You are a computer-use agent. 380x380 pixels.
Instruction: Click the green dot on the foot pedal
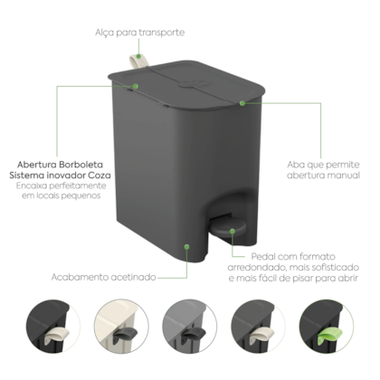[x=233, y=232]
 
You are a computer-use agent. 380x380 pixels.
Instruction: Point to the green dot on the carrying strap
[x=138, y=56]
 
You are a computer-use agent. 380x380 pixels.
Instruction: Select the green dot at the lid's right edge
[x=242, y=103]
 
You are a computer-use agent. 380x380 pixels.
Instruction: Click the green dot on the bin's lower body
[x=187, y=247]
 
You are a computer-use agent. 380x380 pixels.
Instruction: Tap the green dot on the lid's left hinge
[x=136, y=86]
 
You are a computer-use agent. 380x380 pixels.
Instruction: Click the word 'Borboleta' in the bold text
[x=81, y=165]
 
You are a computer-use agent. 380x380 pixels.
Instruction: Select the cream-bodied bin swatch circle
[x=121, y=327]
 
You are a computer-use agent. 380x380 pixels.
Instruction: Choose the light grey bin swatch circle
[x=190, y=327]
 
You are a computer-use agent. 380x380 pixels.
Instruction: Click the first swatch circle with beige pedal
[x=53, y=327]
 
